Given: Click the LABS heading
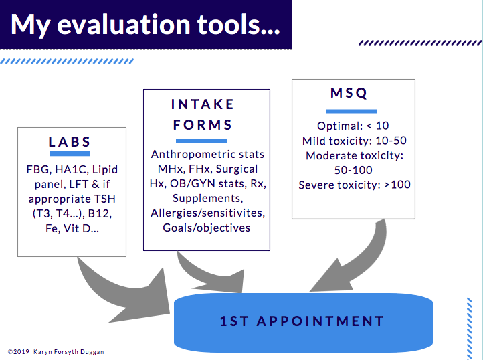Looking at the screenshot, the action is (x=70, y=142).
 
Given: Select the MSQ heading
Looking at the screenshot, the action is (x=349, y=93).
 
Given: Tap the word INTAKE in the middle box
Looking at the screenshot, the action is (x=203, y=104).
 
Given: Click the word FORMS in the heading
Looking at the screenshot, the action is (x=203, y=125).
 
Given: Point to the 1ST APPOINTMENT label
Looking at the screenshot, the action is (x=302, y=321).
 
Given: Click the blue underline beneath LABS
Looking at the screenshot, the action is (x=70, y=153).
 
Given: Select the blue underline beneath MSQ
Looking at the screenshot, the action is (x=352, y=111).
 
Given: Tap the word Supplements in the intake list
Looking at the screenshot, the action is (x=207, y=198).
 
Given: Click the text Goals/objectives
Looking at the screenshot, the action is (x=207, y=228).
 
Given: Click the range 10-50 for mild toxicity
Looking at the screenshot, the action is (x=391, y=141).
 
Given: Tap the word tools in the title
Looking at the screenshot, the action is (x=238, y=25).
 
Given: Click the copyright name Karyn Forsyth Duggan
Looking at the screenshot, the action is (x=69, y=352).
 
